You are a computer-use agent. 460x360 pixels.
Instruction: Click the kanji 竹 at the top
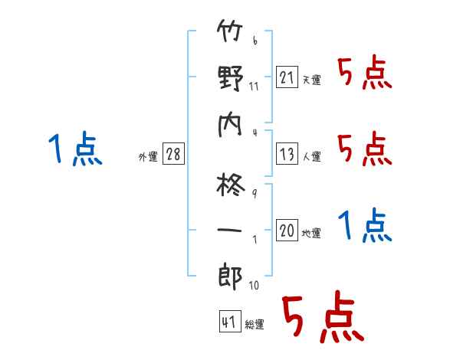tap(230, 31)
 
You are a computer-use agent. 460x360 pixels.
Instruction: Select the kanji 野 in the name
tap(231, 77)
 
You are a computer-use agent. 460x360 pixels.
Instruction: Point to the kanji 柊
tap(231, 185)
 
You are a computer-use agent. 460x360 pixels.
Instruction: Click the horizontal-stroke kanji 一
tap(229, 230)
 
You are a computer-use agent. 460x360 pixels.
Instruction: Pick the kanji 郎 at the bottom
tap(230, 277)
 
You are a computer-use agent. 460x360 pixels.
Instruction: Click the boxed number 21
tap(287, 77)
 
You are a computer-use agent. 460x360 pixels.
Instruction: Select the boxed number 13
tap(287, 153)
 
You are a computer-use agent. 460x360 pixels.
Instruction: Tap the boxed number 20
tap(287, 230)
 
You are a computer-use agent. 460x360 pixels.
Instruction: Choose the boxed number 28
tap(173, 153)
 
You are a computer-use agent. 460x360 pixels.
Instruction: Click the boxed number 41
tap(230, 321)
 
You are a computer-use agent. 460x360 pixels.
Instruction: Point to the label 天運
tap(312, 80)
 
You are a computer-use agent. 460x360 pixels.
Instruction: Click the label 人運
tap(312, 156)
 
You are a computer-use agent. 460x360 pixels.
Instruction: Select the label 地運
tap(311, 233)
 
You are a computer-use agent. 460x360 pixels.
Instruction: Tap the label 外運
tap(148, 156)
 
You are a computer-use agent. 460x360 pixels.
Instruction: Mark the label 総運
tap(255, 324)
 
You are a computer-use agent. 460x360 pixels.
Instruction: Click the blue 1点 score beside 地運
tap(365, 224)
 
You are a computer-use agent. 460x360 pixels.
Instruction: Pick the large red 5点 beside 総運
tap(323, 316)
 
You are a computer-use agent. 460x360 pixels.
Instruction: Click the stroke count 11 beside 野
tap(254, 87)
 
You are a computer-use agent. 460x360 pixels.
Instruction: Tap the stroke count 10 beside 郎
tap(254, 285)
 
